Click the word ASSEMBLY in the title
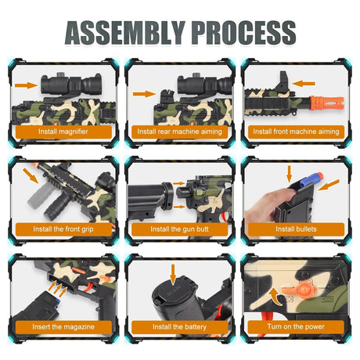125,33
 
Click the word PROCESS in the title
244,33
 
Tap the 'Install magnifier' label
63,131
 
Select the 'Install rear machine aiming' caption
179,131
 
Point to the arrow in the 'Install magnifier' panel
27,85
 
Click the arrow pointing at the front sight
304,84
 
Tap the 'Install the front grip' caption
63,229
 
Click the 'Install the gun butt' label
179,229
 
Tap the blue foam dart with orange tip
311,180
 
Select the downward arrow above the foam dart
289,174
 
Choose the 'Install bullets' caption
296,229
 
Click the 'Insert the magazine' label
63,327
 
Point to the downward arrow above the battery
173,275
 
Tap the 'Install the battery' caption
179,327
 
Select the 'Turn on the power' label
296,326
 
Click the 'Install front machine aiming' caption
296,131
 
